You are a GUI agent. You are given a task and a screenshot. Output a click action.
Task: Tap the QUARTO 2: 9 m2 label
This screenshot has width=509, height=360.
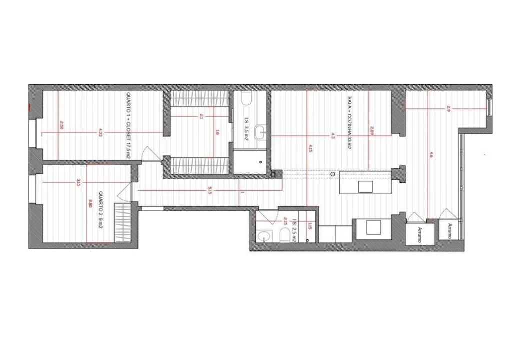[100, 209]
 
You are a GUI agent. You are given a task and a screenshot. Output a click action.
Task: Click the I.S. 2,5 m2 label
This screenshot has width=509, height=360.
[295, 231]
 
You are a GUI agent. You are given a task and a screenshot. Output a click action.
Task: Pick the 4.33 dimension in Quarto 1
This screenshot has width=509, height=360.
[101, 132]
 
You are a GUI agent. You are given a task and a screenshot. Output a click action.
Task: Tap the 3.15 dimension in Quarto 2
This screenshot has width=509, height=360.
[79, 182]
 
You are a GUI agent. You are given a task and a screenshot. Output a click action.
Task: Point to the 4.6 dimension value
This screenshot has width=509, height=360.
[431, 155]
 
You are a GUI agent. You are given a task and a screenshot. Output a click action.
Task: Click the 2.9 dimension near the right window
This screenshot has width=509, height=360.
[448, 108]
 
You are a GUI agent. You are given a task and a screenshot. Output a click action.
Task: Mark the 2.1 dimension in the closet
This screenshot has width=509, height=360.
[201, 116]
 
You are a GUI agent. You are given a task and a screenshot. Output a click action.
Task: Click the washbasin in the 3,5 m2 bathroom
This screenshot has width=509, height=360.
[260, 132]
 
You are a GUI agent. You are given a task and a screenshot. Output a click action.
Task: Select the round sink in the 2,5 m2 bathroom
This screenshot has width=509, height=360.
[263, 236]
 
